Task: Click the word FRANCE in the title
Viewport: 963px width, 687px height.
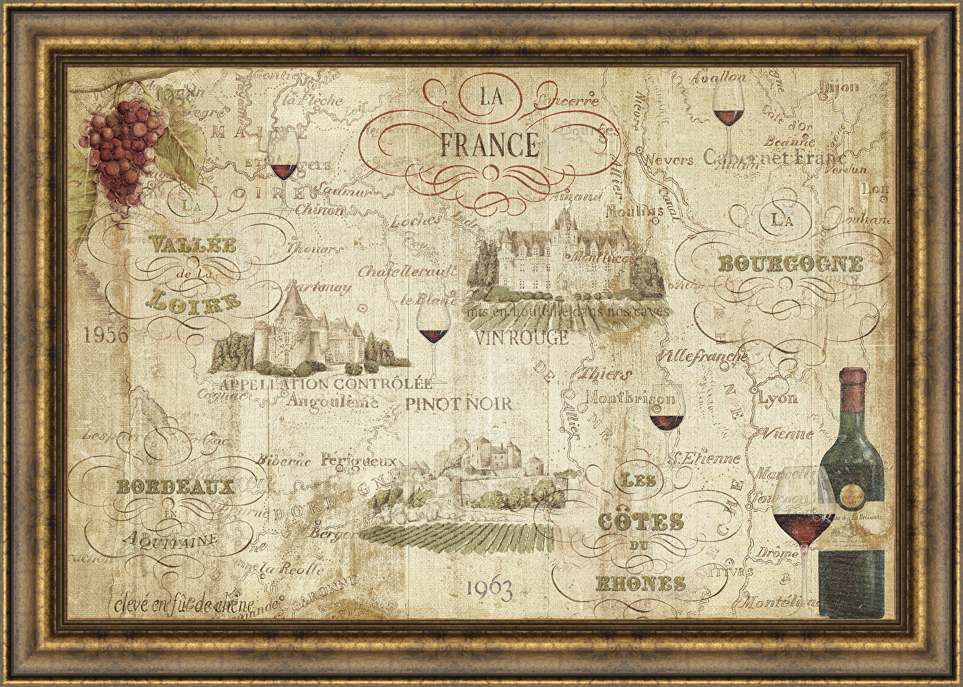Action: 488,145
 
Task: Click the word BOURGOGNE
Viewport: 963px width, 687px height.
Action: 790,264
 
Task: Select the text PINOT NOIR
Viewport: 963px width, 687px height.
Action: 459,404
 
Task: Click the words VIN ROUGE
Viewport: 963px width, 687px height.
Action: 522,338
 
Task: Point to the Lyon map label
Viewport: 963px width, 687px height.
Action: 778,398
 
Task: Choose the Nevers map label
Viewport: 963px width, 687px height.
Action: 667,160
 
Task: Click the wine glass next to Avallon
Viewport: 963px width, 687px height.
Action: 728,110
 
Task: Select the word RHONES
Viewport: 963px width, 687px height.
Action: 640,584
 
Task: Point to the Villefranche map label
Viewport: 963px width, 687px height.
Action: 703,357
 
